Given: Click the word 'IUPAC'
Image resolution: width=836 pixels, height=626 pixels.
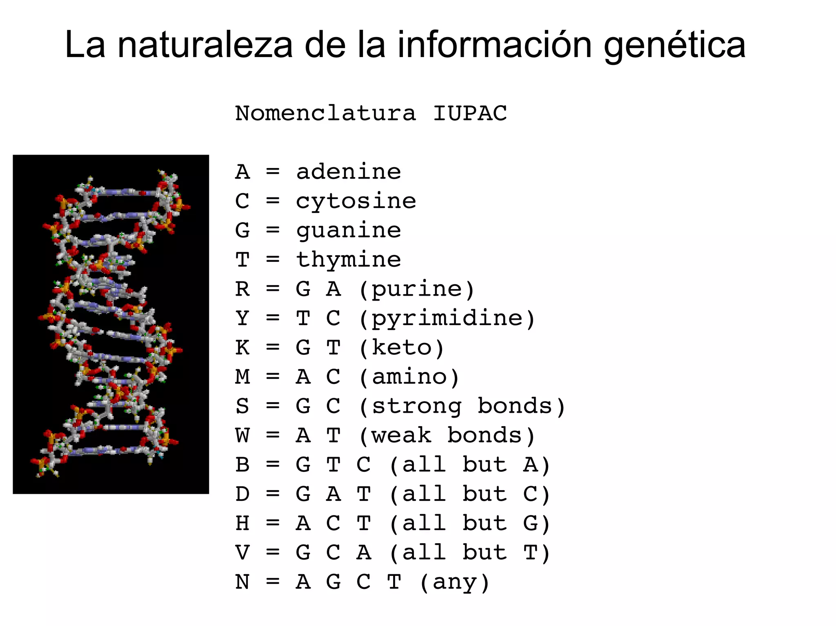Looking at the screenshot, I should tap(470, 113).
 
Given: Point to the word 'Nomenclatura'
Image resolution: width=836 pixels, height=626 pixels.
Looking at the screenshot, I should tap(325, 113).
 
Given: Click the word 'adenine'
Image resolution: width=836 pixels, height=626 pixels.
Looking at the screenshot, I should tap(349, 172).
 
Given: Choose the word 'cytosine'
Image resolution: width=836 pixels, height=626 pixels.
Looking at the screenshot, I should tap(356, 201).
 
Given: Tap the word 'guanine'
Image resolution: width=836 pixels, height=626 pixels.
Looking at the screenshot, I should tap(349, 231).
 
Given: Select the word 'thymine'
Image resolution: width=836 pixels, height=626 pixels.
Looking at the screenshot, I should tap(349, 260).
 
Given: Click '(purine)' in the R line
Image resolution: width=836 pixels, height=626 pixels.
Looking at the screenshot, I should tap(417, 290).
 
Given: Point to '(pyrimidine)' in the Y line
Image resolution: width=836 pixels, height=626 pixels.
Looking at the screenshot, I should tap(447, 319).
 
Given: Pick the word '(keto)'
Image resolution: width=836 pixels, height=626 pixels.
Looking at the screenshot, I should tap(402, 348).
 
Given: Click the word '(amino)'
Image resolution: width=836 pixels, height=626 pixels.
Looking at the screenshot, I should tap(409, 377).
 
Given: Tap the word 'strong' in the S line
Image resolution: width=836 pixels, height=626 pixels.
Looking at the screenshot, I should tap(417, 406).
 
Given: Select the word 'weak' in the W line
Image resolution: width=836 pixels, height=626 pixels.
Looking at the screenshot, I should tap(402, 436).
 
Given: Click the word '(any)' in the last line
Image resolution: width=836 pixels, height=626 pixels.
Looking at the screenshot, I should tap(454, 582).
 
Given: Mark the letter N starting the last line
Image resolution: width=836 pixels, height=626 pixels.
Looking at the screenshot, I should tap(242, 582).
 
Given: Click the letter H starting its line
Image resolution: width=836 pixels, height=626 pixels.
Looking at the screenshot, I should tap(242, 523).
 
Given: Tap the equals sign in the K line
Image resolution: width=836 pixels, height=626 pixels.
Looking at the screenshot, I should tap(273, 347).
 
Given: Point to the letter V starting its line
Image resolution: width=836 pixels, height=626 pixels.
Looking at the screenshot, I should tap(242, 553).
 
